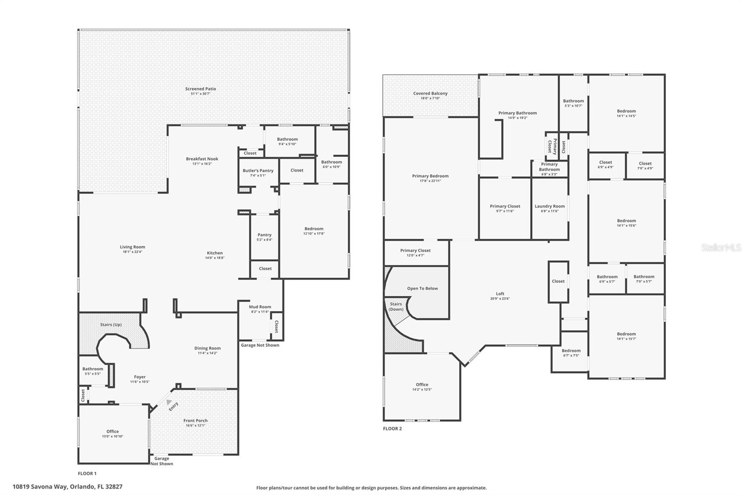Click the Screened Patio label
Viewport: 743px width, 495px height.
[x=201, y=89]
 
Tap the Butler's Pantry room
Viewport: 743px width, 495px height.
[x=258, y=173]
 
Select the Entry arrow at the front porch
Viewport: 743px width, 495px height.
[x=169, y=402]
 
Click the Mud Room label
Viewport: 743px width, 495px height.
[x=260, y=307]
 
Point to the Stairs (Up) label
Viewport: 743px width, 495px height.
[x=111, y=325]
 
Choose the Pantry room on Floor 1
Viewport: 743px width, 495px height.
[x=265, y=237]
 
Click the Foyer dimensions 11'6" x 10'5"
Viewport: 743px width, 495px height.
[x=139, y=382]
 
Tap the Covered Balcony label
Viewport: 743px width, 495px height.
[x=430, y=93]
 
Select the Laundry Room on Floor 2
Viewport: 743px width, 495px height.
[x=550, y=208]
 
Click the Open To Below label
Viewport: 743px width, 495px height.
[x=422, y=288]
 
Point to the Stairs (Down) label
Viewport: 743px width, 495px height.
[x=396, y=306]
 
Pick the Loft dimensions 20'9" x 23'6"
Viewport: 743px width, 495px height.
[x=500, y=299]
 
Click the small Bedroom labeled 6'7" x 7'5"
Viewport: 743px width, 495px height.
[x=571, y=353]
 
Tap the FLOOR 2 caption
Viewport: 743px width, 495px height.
[x=392, y=429]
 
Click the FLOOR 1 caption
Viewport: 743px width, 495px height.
[x=87, y=474]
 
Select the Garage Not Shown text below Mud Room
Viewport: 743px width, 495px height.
[x=260, y=345]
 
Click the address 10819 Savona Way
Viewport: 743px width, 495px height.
[x=67, y=487]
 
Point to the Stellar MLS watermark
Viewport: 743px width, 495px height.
[x=721, y=248]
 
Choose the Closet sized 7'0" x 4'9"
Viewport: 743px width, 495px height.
[x=645, y=165]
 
